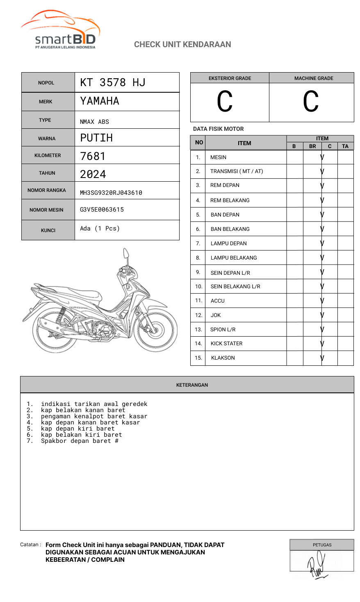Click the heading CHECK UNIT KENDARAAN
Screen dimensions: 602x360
point(182,44)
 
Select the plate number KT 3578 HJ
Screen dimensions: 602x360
point(113,82)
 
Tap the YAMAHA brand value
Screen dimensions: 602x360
point(100,101)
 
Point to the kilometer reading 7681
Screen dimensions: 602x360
point(93,156)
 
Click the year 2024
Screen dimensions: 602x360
point(93,174)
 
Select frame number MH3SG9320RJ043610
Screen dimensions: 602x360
point(111,193)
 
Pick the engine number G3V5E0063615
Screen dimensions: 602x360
point(102,210)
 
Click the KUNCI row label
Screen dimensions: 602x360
point(48,230)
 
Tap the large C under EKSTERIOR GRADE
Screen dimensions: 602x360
point(225,102)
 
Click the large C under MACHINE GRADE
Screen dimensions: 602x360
point(311,102)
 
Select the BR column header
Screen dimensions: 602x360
point(312,146)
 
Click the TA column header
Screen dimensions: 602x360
point(345,146)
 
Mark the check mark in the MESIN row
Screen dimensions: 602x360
point(322,157)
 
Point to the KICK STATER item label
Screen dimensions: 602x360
point(226,344)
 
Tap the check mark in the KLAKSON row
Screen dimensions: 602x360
point(322,358)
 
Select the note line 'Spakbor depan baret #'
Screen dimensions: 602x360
point(80,441)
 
